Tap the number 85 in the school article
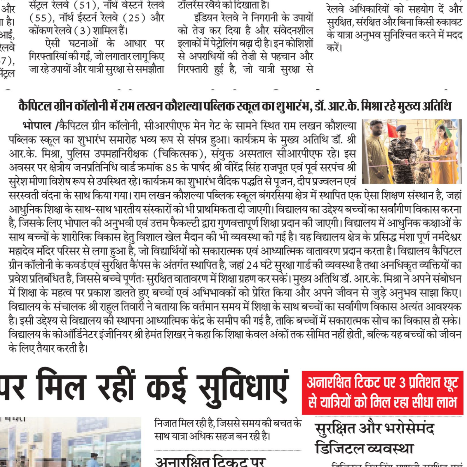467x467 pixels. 171,168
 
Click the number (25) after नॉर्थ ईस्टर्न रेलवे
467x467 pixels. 134,18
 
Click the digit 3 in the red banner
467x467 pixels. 403,383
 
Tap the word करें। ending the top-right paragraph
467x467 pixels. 334,48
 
